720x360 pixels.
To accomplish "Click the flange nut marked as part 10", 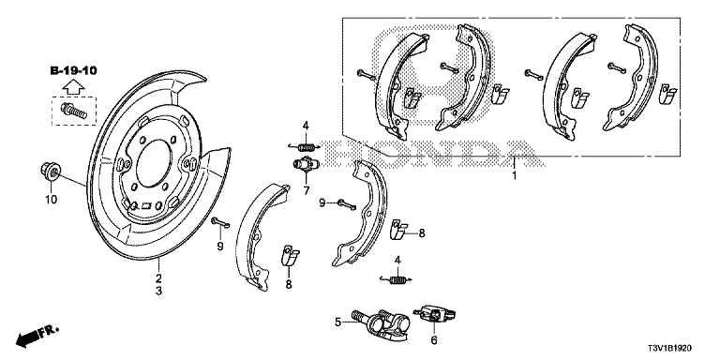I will point(52,172).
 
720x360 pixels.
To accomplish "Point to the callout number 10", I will point(52,199).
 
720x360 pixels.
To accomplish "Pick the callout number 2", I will point(158,278).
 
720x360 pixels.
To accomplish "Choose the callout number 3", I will point(158,292).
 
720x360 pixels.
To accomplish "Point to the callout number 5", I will point(337,322).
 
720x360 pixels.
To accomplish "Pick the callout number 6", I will point(433,340).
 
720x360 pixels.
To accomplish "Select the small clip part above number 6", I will point(433,312).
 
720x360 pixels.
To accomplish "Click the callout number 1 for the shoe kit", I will point(514,175).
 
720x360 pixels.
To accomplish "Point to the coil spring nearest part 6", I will point(397,277).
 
